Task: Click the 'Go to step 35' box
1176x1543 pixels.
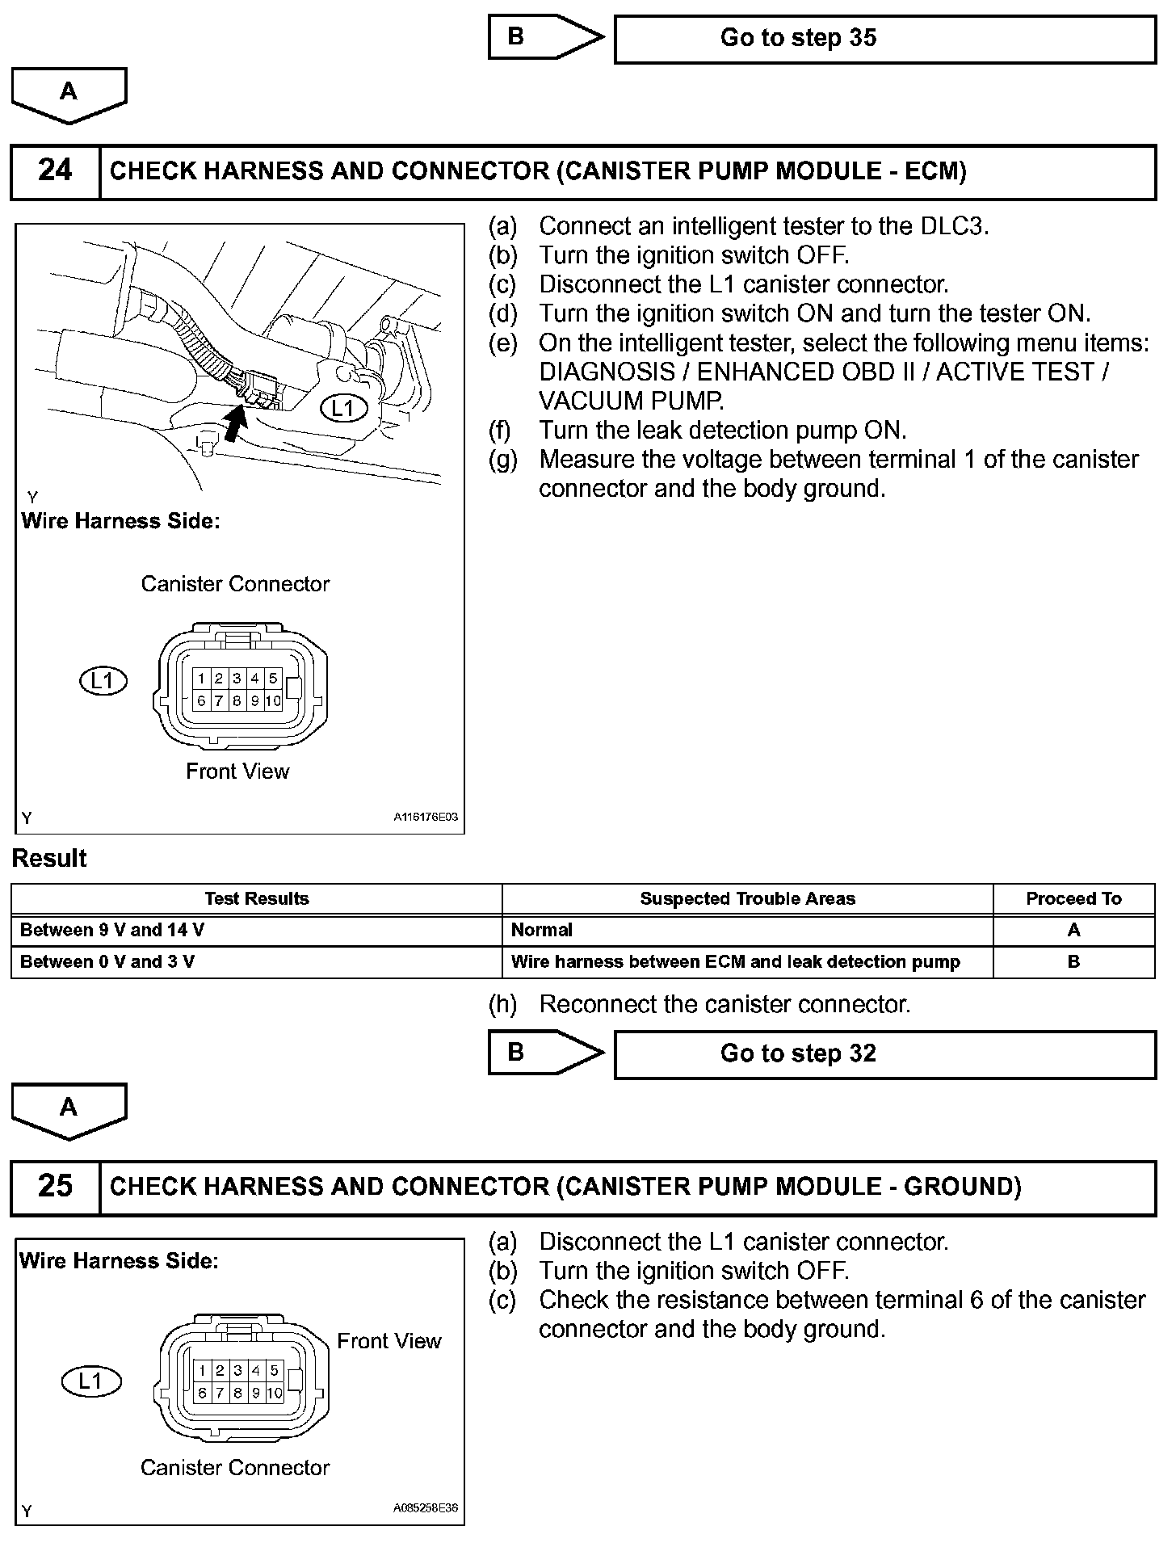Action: [x=884, y=39]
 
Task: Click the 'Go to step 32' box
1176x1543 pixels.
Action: [x=884, y=1053]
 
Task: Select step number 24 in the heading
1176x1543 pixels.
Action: [x=55, y=171]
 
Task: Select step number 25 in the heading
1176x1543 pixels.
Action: [x=55, y=1186]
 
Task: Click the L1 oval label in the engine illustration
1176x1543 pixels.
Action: [x=343, y=408]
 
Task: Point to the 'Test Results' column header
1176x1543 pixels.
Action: [x=256, y=898]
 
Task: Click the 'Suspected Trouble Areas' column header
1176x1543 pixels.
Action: [x=747, y=898]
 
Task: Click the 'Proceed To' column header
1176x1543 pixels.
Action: [x=1073, y=898]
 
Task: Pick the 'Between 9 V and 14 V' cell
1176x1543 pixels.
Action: [x=112, y=930]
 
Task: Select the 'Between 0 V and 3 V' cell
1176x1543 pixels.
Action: [x=107, y=961]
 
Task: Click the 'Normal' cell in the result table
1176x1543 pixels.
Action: [x=542, y=930]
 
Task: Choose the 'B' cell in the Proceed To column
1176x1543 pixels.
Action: [x=1073, y=961]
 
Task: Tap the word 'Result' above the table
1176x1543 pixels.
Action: [x=49, y=858]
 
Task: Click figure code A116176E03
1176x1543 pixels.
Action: [x=426, y=817]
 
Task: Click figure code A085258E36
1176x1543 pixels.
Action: [x=426, y=1507]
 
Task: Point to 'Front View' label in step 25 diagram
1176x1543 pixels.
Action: [x=389, y=1341]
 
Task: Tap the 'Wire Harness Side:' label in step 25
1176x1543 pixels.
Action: [x=119, y=1260]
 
